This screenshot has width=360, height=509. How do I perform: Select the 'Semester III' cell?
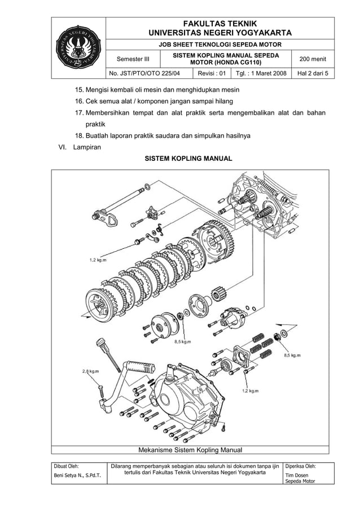click(x=133, y=59)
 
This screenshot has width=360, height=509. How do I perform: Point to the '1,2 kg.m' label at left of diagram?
click(x=100, y=260)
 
